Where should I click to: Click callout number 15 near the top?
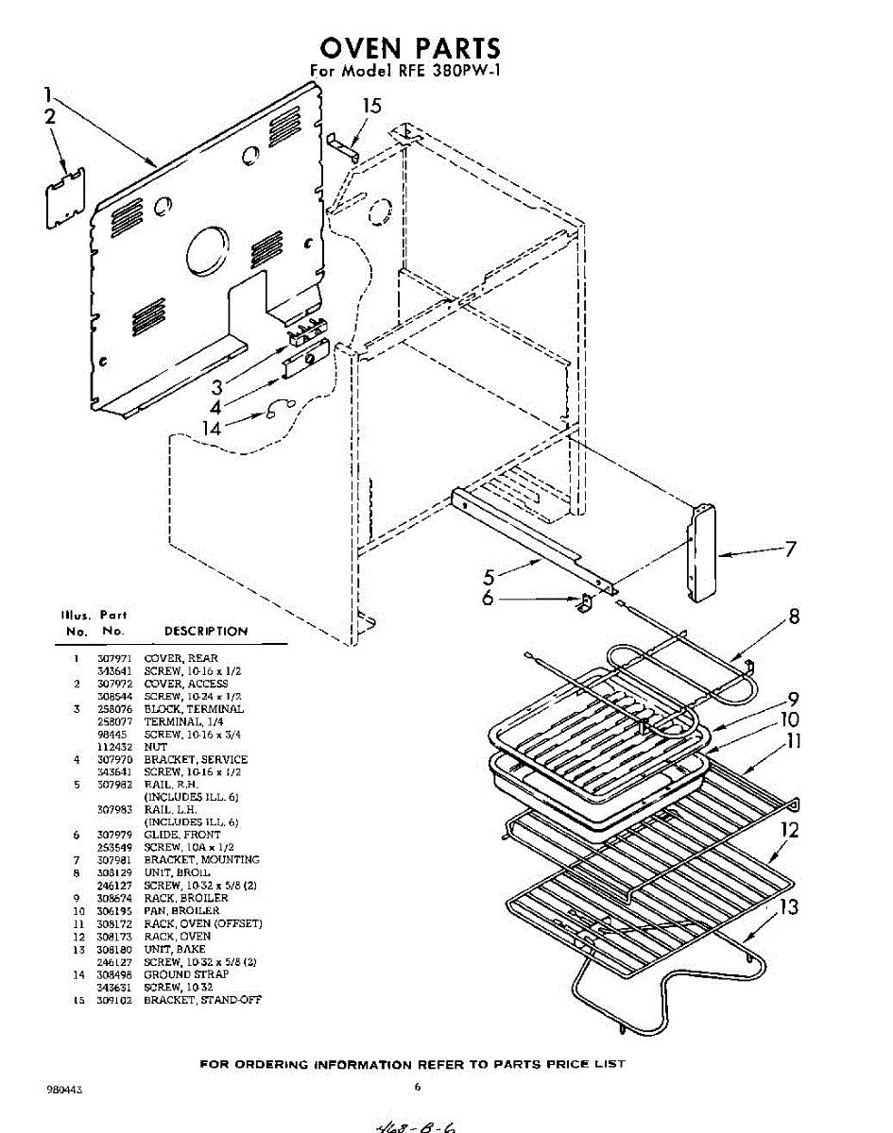coord(373,106)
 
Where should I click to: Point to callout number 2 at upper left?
coord(49,117)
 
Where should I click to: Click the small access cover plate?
coord(65,197)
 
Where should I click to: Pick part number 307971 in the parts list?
coord(111,658)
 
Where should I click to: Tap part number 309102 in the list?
coord(111,999)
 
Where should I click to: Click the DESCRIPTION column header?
coord(206,631)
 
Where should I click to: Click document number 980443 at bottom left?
coord(64,1089)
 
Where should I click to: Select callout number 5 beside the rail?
coord(489,575)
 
